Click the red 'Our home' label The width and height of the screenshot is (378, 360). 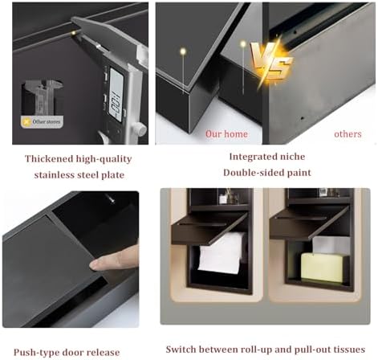click(226, 134)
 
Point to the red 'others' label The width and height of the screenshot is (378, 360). click(348, 134)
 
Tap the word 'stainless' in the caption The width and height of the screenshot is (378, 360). click(56, 174)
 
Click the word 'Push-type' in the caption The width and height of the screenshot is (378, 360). click(33, 351)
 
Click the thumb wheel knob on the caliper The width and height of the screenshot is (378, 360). click(138, 128)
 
